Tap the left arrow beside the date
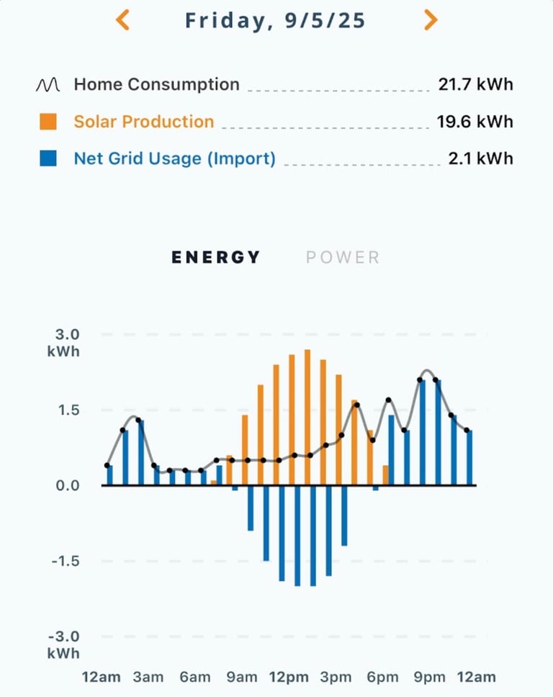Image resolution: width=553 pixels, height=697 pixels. tap(122, 20)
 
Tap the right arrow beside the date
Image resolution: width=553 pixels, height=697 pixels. tap(431, 20)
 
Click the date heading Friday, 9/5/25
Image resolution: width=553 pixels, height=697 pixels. tap(275, 21)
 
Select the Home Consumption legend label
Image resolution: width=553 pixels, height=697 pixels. tap(156, 84)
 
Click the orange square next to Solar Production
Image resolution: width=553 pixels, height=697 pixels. tap(48, 122)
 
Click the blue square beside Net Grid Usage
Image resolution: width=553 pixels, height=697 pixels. tap(48, 158)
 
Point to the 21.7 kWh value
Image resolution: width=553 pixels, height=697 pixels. tap(475, 84)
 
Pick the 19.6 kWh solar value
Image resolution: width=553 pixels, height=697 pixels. tap(475, 122)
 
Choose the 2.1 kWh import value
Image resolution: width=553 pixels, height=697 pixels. tap(480, 158)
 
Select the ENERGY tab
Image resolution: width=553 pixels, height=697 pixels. tap(216, 258)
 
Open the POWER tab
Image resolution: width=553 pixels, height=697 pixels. tap(343, 258)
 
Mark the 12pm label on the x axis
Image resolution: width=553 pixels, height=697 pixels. tap(289, 677)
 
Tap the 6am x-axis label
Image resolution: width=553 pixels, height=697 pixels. tap(195, 677)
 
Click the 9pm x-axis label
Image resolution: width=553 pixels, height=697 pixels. tap(429, 677)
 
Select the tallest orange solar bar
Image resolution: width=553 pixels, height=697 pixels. tap(307, 418)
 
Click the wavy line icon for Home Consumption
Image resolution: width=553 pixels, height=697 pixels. tap(48, 84)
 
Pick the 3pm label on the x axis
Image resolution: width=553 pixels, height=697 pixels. tap(336, 677)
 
